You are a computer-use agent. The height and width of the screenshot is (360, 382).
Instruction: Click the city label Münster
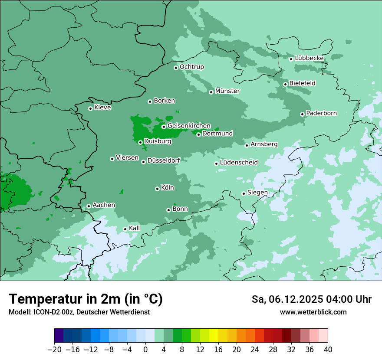point(227,91)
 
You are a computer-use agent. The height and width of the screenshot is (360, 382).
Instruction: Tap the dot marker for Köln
point(157,189)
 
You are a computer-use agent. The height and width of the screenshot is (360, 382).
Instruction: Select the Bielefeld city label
point(302,83)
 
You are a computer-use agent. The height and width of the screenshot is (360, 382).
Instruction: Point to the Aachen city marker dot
point(89,206)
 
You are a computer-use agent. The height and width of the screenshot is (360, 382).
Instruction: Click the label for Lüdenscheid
point(239,163)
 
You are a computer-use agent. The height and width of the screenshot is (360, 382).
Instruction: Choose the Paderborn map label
point(321,113)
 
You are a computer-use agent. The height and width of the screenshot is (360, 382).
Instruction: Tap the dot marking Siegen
point(244,194)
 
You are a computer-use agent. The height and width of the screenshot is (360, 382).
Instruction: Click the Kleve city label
point(102,108)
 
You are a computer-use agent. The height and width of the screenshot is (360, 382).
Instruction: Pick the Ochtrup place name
point(191,67)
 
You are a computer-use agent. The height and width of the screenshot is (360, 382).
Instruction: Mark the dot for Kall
point(125,229)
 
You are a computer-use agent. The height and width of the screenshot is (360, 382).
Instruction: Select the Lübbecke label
point(309,58)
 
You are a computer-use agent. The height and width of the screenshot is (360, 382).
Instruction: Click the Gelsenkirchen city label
point(189,126)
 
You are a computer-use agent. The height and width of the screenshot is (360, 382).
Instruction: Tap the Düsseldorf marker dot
point(143,162)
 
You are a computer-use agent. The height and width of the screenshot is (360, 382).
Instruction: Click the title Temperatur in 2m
point(86,299)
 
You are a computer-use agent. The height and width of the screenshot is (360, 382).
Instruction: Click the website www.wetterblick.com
point(313,312)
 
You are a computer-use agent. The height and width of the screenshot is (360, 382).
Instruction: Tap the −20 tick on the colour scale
point(55,350)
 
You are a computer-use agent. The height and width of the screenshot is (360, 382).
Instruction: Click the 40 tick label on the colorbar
point(328,350)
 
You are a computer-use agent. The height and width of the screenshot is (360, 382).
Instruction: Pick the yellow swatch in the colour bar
point(214,336)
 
